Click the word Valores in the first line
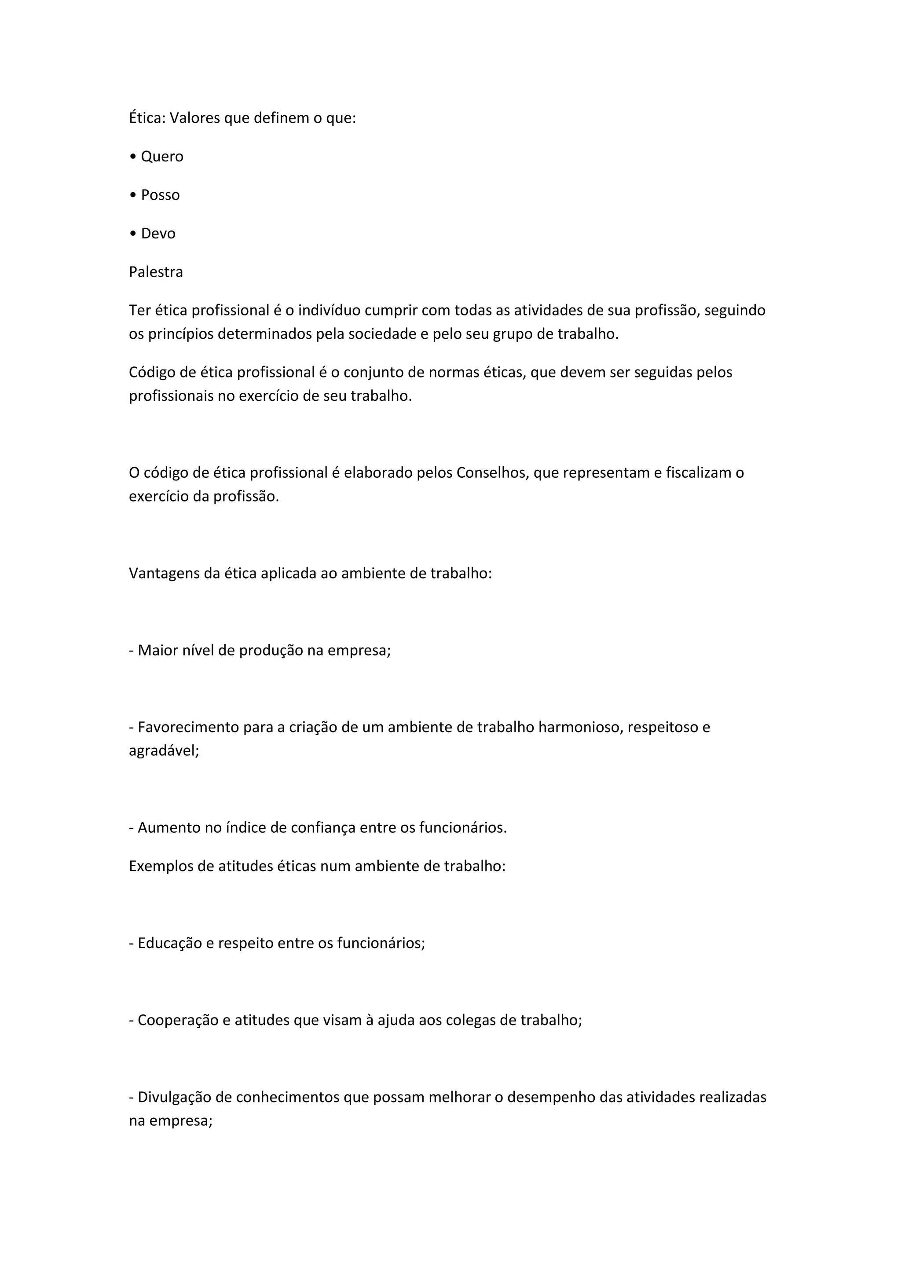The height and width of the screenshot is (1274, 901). click(194, 118)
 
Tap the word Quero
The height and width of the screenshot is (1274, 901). click(162, 157)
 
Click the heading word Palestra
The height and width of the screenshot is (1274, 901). click(156, 272)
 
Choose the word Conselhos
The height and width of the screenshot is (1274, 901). click(492, 473)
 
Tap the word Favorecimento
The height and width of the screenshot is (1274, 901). click(188, 727)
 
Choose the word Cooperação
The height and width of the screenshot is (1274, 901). click(178, 1021)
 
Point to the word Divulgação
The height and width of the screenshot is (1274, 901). click(177, 1097)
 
